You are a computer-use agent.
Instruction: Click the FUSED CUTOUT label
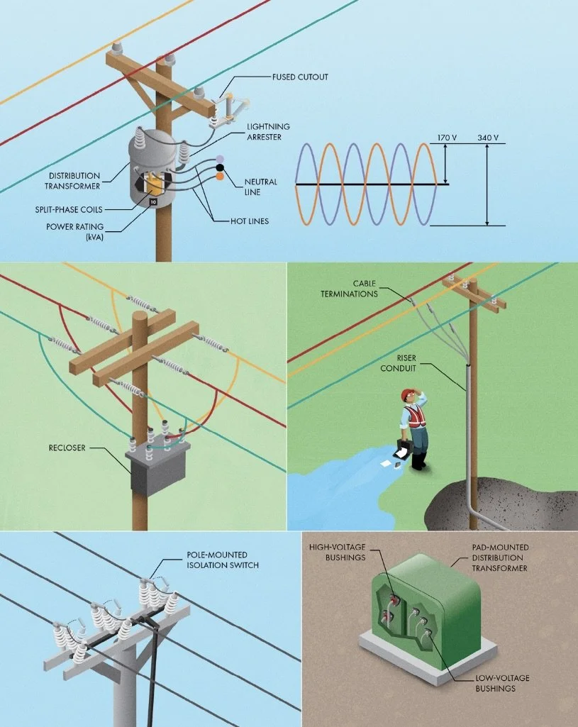(300, 77)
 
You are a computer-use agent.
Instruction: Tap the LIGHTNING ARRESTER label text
(268, 131)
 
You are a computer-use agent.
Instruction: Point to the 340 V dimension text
(488, 138)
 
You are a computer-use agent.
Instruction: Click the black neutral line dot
(221, 168)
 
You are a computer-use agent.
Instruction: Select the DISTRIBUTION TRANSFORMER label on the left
(74, 181)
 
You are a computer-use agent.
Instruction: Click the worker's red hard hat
(406, 394)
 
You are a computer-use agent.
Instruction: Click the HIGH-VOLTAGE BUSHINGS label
(337, 553)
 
